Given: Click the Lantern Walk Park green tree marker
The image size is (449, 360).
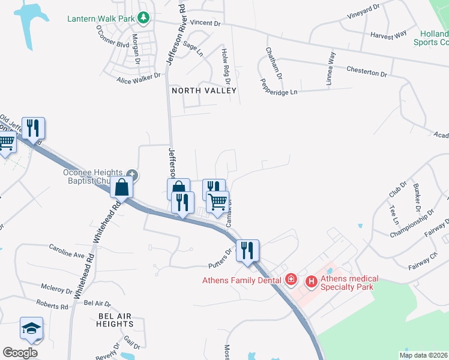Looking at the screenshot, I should click(143, 17).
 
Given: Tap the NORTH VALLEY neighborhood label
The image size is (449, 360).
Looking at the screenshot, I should click(204, 91).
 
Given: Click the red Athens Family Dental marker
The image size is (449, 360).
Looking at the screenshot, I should click(291, 279).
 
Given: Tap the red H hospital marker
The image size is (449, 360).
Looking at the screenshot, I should click(312, 280).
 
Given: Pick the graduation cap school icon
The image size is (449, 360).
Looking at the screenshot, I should click(31, 328).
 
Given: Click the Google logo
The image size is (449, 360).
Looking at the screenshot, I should click(20, 353).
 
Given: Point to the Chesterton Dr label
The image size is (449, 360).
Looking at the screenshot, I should click(367, 71).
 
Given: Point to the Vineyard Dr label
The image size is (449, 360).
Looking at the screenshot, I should click(365, 10).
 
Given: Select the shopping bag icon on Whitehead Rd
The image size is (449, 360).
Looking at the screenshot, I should click(121, 187).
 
